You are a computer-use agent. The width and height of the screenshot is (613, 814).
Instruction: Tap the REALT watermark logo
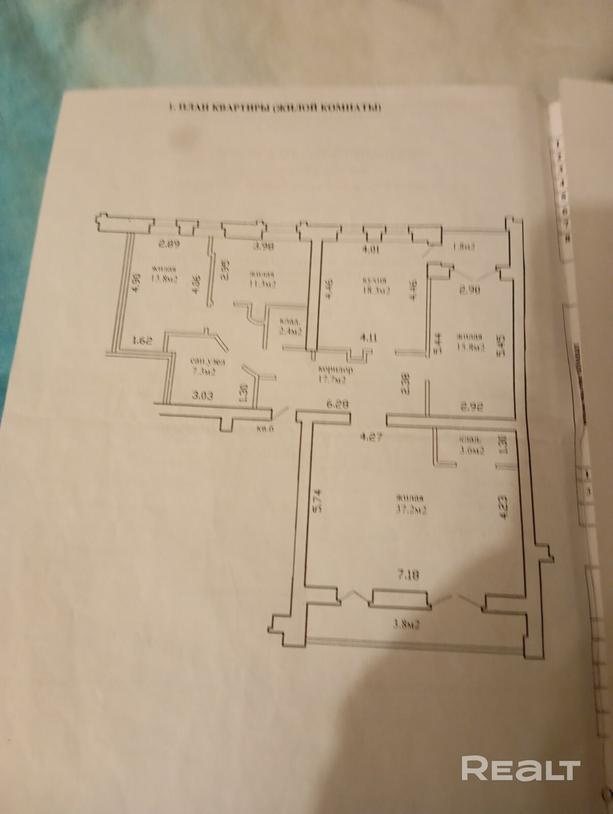[x=520, y=753]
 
